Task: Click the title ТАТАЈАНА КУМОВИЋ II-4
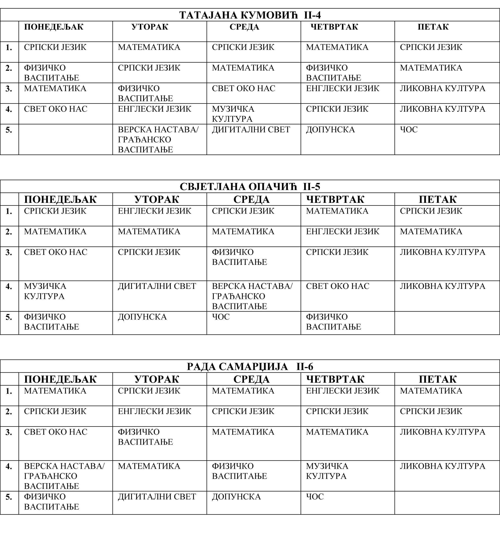[x=250, y=15]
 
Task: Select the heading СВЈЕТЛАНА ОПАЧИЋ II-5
[x=250, y=187]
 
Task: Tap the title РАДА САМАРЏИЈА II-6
[x=250, y=367]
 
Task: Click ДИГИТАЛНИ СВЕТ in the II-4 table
[x=251, y=130]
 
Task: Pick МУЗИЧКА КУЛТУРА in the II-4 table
[x=233, y=114]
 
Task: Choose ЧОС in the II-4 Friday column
[x=409, y=130]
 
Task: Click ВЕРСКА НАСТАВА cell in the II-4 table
[x=158, y=139]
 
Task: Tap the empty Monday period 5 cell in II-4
[x=66, y=139]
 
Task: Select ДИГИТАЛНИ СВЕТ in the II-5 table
[x=157, y=286]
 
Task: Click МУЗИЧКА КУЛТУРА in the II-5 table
[x=45, y=291]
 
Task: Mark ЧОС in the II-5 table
[x=221, y=317]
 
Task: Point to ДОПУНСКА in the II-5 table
[x=142, y=317]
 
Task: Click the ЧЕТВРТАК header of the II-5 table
[x=335, y=199]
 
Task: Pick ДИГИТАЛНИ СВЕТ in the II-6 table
[x=157, y=497]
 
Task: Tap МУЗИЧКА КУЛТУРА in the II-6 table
[x=327, y=471]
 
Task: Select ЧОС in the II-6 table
[x=315, y=497]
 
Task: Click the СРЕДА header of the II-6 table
[x=251, y=379]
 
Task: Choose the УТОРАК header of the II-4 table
[x=150, y=27]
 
